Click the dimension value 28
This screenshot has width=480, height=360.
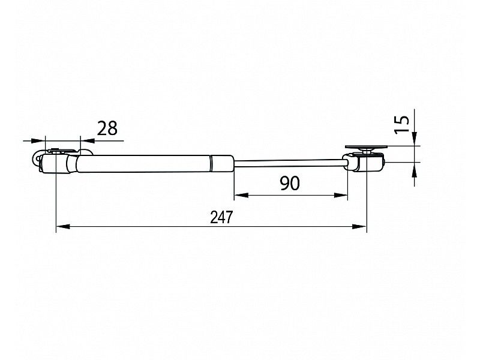pyautogui.click(x=107, y=128)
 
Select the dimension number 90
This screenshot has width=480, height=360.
pyautogui.click(x=290, y=184)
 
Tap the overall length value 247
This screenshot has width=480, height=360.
pyautogui.click(x=221, y=217)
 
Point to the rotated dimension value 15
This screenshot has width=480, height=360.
pyautogui.click(x=401, y=124)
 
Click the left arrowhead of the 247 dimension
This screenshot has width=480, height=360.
pyautogui.click(x=64, y=227)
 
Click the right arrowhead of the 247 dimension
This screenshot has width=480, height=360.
pyautogui.click(x=359, y=227)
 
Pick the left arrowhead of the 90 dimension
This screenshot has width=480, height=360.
pyautogui.click(x=241, y=195)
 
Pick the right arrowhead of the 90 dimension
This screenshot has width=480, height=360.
pyautogui.click(x=341, y=195)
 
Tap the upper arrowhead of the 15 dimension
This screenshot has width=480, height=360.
pyautogui.click(x=415, y=139)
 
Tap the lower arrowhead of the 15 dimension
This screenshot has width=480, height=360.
pyautogui.click(x=415, y=169)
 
